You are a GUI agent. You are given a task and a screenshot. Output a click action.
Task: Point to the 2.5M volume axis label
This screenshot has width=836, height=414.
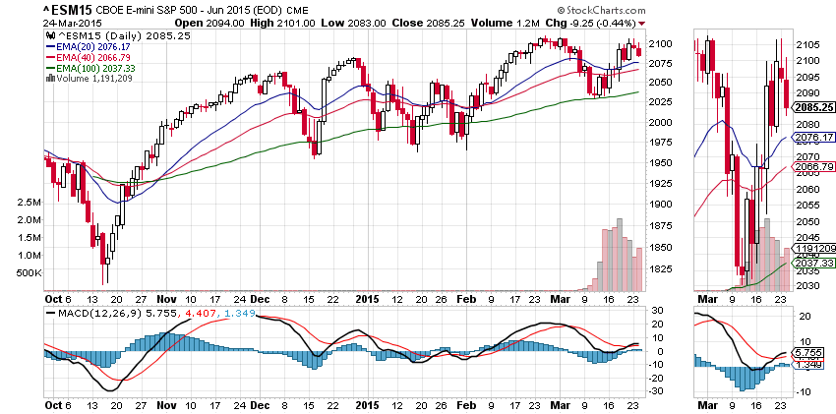click(27, 202)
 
